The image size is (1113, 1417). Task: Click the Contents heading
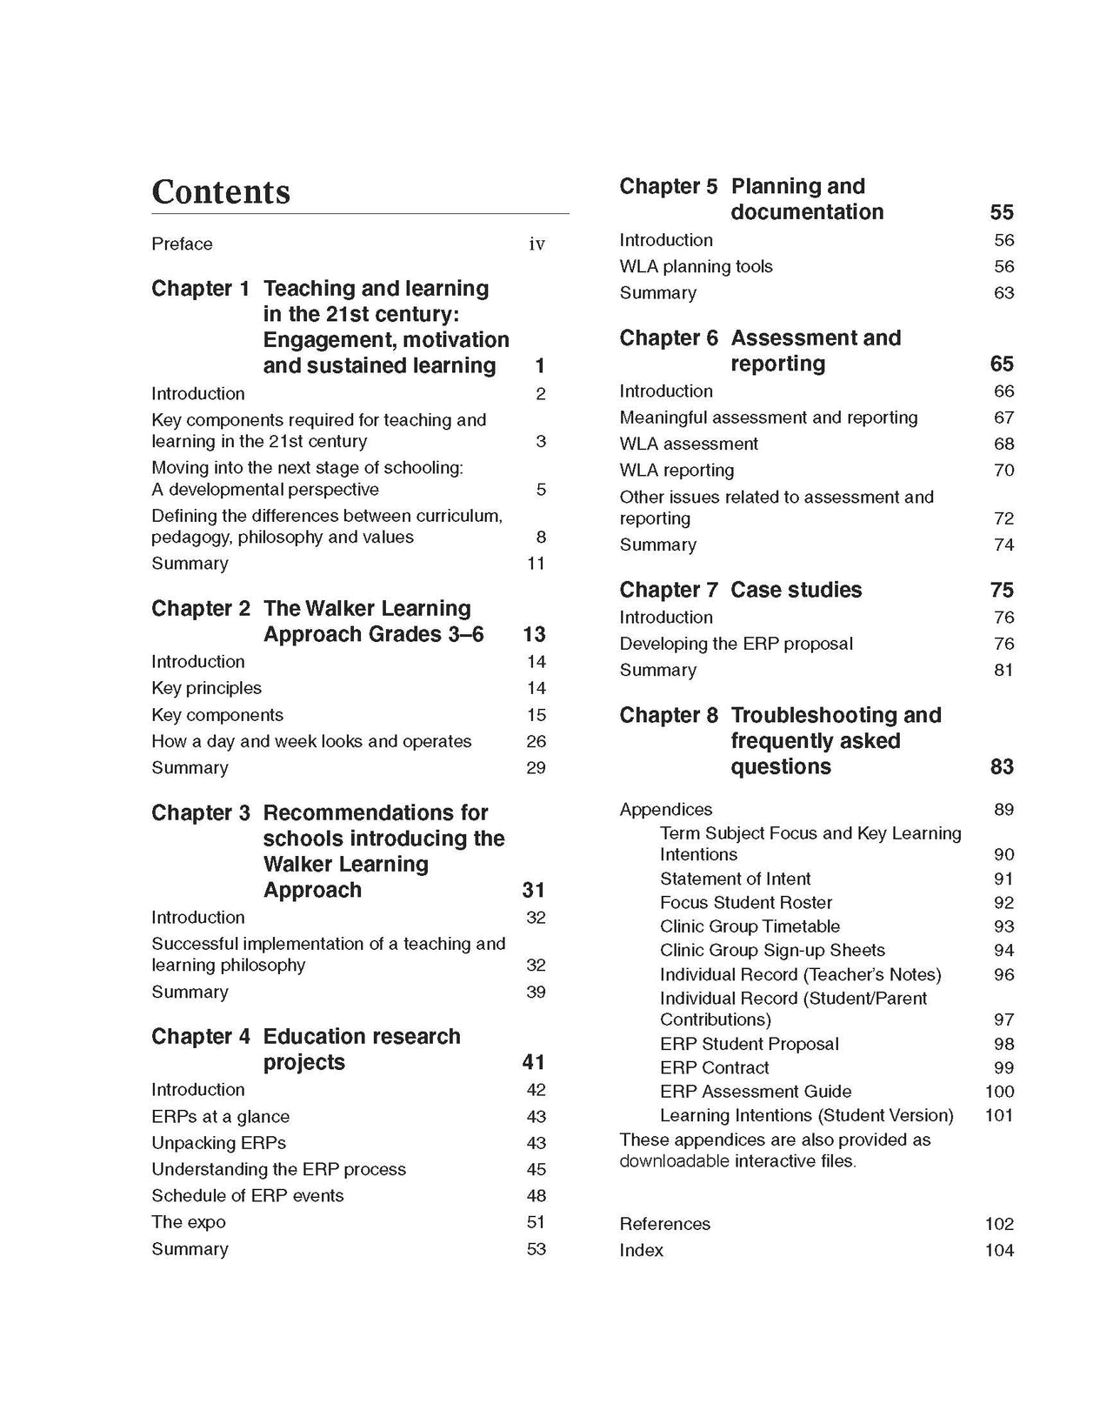221,192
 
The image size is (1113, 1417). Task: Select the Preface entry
182,244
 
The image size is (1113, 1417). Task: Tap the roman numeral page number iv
537,244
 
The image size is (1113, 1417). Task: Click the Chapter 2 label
201,608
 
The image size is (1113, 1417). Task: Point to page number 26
536,741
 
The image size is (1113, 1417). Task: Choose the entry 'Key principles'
206,688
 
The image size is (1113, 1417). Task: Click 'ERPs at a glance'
220,1116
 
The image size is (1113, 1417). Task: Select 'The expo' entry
188,1222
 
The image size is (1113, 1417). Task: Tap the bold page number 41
533,1062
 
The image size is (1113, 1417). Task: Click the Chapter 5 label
669,186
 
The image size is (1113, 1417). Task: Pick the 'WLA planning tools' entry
696,266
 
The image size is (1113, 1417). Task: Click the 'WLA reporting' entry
676,471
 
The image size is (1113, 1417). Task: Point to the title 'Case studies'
796,590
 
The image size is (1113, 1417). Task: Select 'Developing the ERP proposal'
736,644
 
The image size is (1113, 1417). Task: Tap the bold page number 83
1002,766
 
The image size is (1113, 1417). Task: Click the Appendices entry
665,810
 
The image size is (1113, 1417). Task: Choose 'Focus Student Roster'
746,903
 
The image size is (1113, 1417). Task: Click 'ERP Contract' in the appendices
714,1067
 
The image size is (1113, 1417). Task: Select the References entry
664,1224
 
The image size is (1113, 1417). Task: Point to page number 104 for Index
999,1250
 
